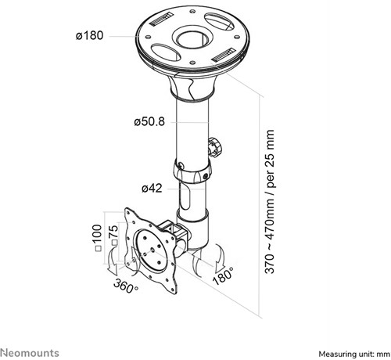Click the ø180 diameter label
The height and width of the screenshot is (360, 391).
click(89, 35)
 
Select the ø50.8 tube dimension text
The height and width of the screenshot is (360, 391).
click(149, 121)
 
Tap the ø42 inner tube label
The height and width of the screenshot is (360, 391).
click(152, 188)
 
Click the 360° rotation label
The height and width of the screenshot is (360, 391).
click(126, 286)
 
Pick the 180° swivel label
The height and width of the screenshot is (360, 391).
click(223, 276)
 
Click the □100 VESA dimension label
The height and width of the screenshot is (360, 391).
click(98, 238)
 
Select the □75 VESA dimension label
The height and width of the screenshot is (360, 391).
click(114, 235)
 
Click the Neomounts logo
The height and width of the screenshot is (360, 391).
click(30, 353)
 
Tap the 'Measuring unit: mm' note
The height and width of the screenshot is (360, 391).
click(354, 355)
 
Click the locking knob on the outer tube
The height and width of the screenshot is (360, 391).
click(215, 147)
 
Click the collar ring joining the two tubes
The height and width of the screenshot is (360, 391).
click(192, 171)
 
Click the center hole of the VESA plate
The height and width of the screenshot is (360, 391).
click(152, 250)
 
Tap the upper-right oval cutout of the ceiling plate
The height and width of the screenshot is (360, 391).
click(219, 21)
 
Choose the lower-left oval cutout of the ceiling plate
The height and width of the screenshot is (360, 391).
click(166, 52)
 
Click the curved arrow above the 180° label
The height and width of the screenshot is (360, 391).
click(220, 257)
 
